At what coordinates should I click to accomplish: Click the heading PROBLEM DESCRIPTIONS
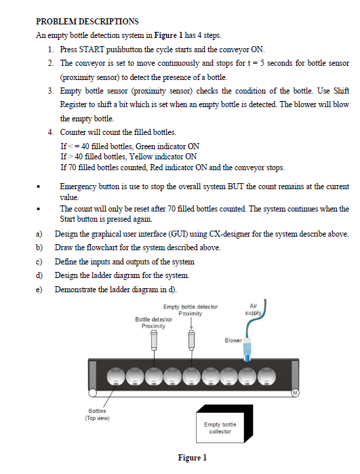87,22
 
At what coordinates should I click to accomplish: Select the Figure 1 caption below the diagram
193,458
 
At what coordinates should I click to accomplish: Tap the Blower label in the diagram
233,340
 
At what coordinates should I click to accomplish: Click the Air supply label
253,309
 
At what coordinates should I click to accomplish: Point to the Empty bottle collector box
224,424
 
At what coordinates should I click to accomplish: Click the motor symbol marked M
296,393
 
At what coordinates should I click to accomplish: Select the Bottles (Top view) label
97,414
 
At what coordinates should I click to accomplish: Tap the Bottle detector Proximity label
153,323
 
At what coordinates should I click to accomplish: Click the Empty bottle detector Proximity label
191,310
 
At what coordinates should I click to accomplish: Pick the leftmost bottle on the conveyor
116,376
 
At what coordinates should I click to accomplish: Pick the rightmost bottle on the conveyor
266,376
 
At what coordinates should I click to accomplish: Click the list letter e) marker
39,290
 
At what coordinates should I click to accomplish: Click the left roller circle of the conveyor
92,393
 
